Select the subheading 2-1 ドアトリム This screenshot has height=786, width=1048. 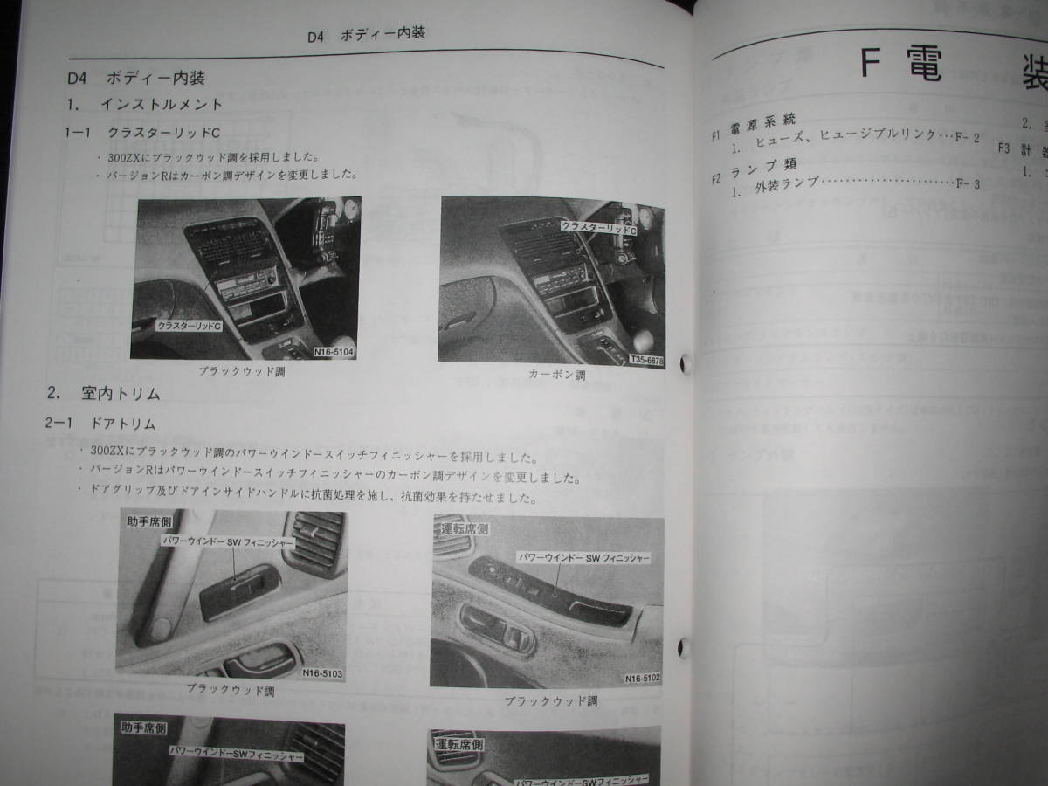point(100,424)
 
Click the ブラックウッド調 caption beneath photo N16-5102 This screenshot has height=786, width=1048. point(550,700)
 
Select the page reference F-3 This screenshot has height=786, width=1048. point(969,184)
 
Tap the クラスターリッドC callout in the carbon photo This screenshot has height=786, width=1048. point(598,225)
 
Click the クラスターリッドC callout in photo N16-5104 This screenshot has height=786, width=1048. point(190,325)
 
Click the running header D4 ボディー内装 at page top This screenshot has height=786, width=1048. point(367,36)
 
